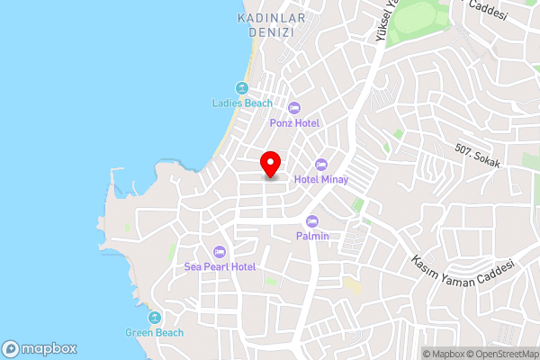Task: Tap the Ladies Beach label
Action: coord(241,103)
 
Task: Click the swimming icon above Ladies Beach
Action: coord(241,88)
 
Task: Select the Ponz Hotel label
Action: coord(294,122)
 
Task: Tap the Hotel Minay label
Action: coord(320,179)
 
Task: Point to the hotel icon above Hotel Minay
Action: coord(321,164)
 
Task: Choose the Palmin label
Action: coord(312,236)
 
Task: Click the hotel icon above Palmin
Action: coord(312,221)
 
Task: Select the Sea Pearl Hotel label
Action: coord(220,266)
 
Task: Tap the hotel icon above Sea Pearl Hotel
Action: coord(220,252)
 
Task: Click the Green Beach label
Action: coord(154,333)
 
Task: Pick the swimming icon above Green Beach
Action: coord(154,318)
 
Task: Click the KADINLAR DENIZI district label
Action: coord(272,24)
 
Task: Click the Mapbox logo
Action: coord(40,348)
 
